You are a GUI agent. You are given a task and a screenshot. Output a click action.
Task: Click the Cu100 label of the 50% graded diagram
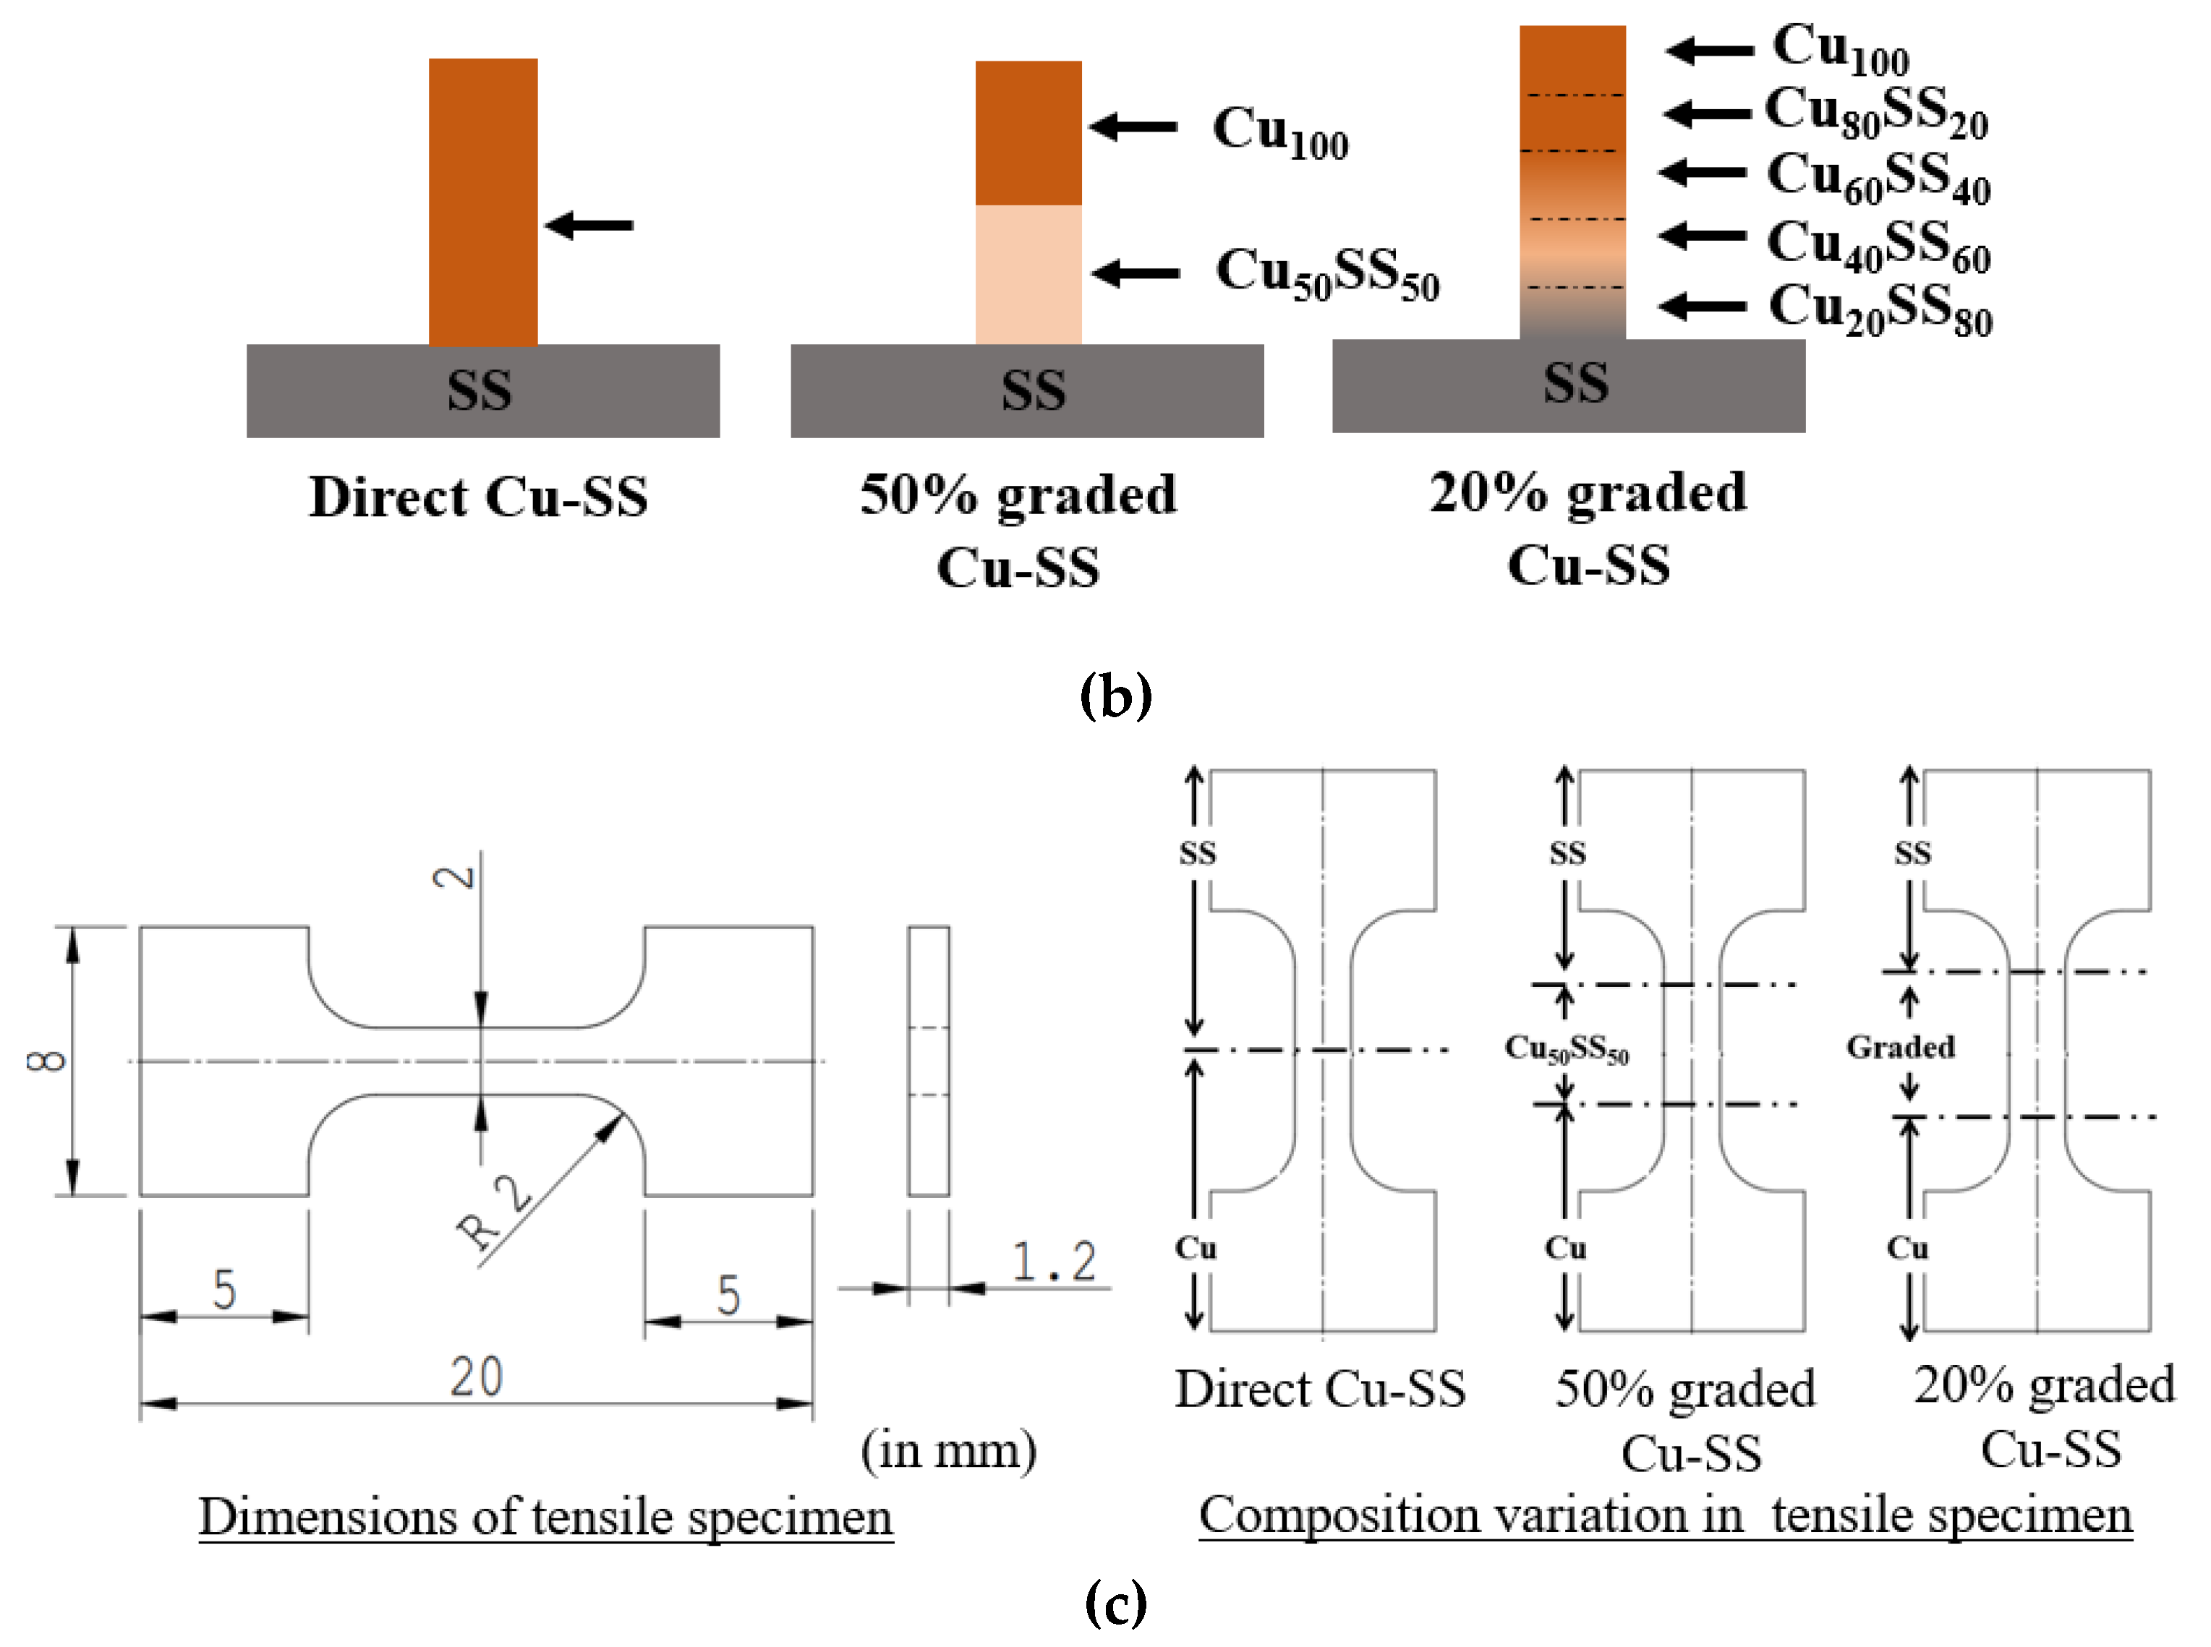coord(1279,132)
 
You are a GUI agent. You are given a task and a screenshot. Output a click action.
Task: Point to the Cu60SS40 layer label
coord(1878,176)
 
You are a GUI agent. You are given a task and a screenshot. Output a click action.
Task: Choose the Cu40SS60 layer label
coord(1878,244)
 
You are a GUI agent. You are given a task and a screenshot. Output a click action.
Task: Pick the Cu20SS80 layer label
coord(1880,308)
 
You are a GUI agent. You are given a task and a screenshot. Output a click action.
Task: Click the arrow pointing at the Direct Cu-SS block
coord(589,226)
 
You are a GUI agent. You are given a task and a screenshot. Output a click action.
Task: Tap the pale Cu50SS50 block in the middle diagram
coord(1027,274)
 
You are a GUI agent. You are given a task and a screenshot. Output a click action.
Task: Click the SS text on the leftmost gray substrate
coord(479,390)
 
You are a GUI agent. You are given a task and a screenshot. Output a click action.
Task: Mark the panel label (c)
coord(1115,1603)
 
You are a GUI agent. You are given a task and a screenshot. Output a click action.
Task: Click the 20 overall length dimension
coord(476,1377)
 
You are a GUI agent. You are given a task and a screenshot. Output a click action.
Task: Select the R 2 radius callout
coord(494,1211)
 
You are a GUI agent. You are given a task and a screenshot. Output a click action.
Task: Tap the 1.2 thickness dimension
coord(1054,1261)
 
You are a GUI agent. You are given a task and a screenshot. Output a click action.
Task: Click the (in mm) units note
coord(948,1450)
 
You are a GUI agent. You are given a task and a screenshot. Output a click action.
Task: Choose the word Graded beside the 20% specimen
coord(1900,1047)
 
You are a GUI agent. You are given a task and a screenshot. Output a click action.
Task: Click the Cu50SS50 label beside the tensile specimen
coord(1566,1049)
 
